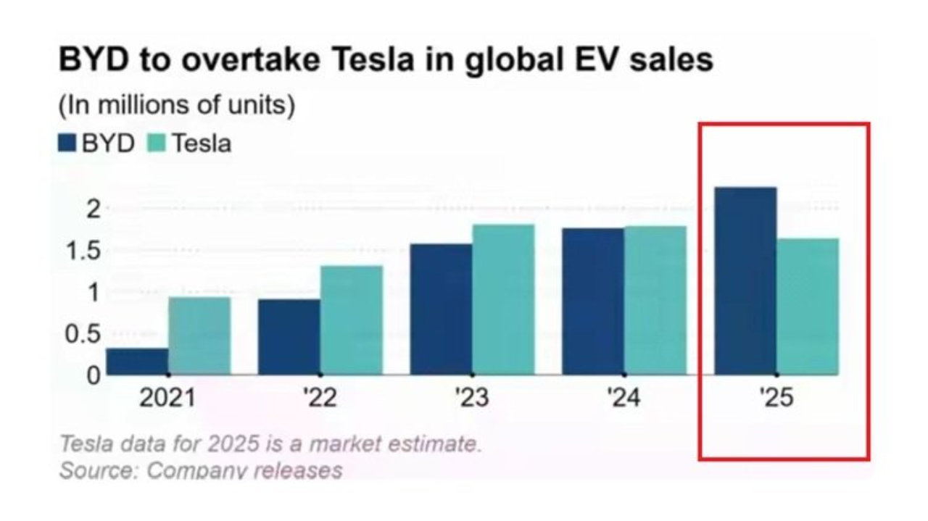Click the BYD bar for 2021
[x=137, y=362]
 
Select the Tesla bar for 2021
[x=199, y=336]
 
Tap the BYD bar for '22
[x=289, y=337]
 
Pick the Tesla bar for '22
[x=352, y=320]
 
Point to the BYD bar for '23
[x=442, y=309]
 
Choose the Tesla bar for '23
[x=504, y=300]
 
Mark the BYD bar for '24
[x=593, y=301]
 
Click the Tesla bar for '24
[x=656, y=301]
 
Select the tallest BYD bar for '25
[x=746, y=281]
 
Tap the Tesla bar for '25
[x=808, y=307]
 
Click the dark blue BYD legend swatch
[x=67, y=143]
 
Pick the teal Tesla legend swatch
[x=157, y=143]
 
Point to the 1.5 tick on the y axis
[x=83, y=251]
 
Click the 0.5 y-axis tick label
[x=83, y=334]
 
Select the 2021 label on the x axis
[x=167, y=398]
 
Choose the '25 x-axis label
[x=776, y=398]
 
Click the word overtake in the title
[x=251, y=59]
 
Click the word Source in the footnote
[x=98, y=470]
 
